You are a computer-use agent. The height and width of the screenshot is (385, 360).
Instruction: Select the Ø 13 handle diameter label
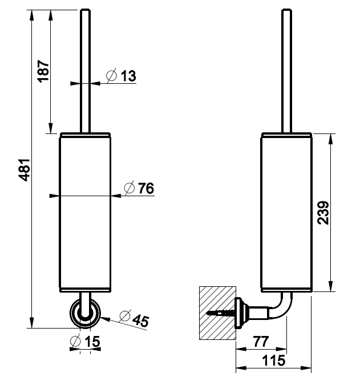(x=121, y=75)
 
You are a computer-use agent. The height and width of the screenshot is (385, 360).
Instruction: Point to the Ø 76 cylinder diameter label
(x=139, y=188)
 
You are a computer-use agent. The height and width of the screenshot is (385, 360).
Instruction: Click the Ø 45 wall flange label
(x=134, y=318)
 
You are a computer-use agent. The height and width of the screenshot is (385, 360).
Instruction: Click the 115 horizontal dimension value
(x=274, y=360)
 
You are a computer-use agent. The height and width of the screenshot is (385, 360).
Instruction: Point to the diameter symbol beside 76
(x=128, y=188)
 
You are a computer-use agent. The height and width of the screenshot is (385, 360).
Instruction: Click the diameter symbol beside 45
(x=125, y=315)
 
